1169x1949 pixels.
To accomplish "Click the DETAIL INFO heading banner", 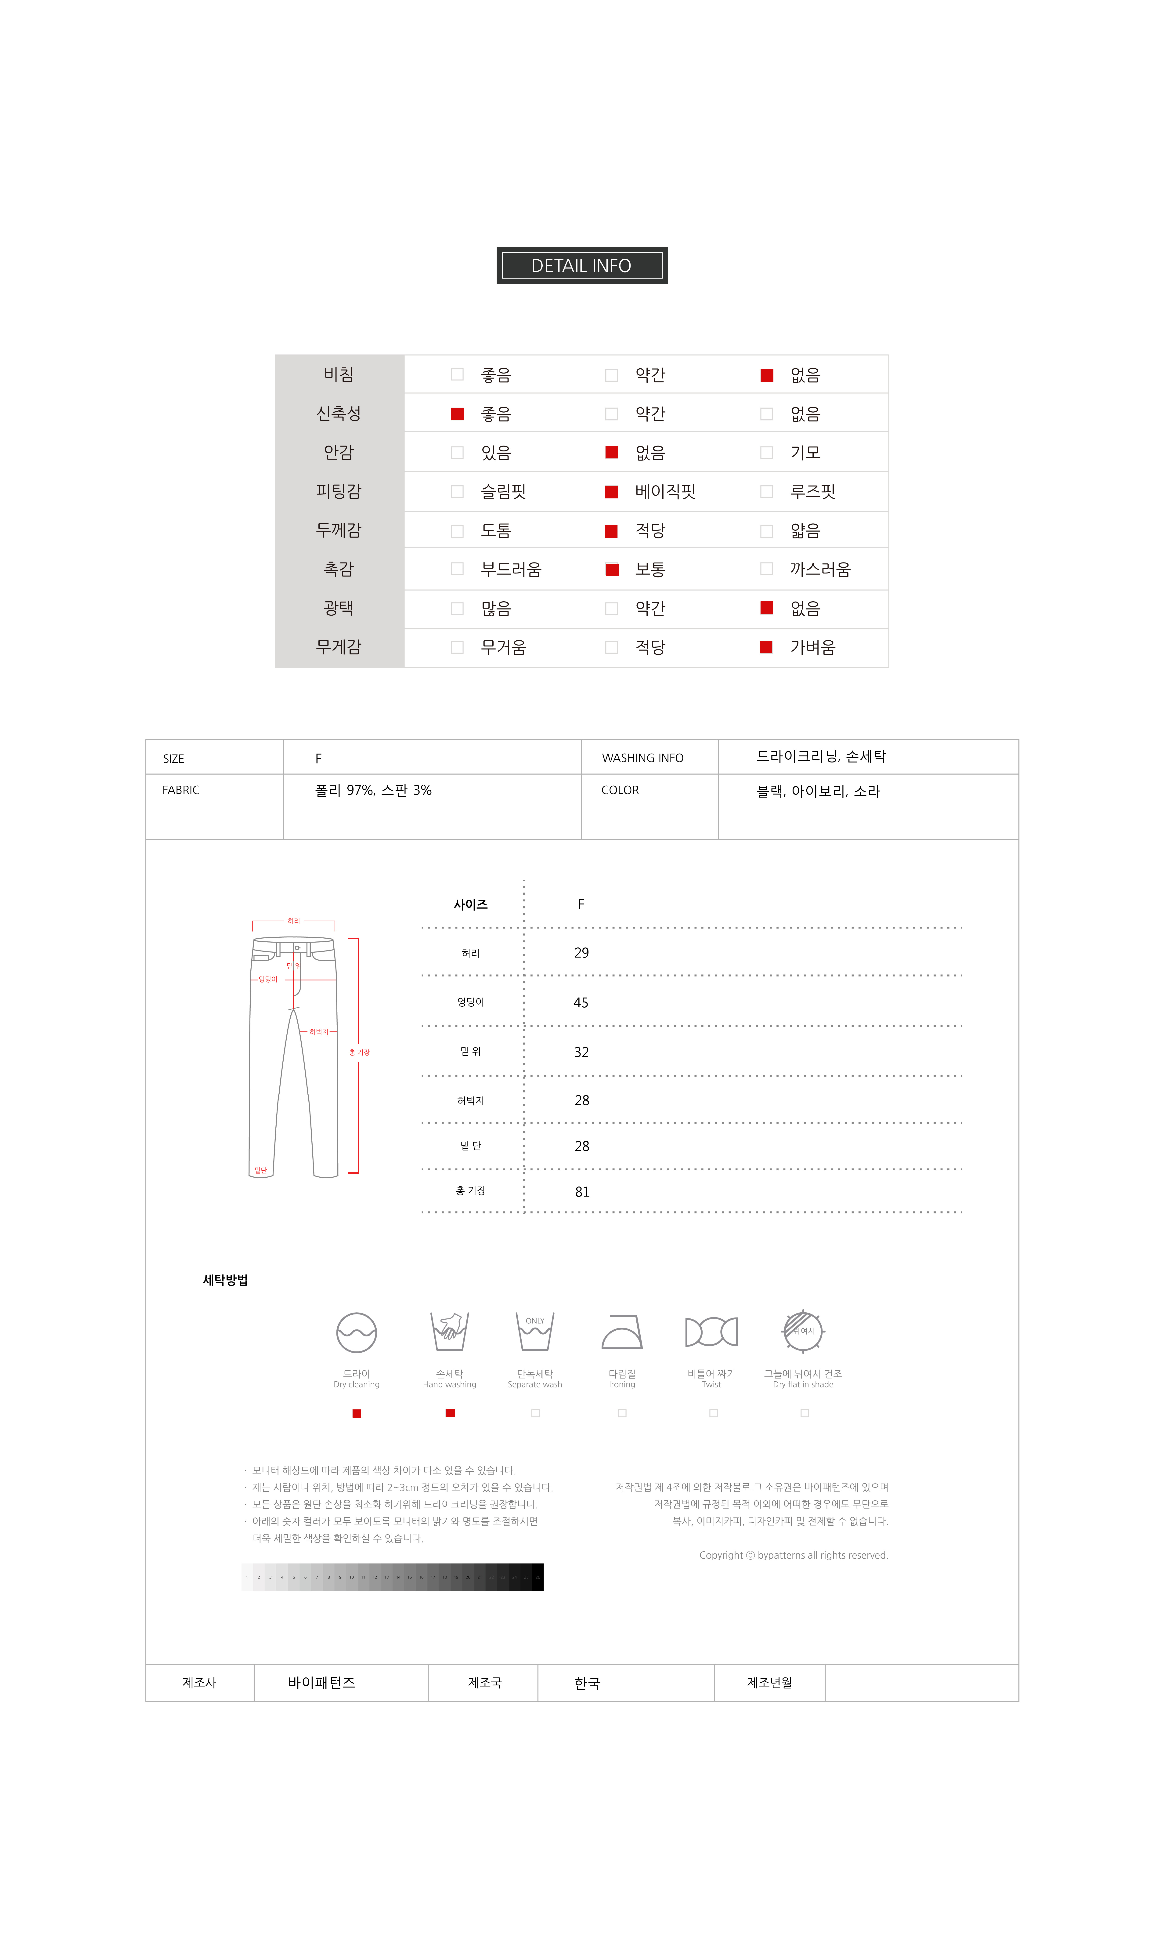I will pyautogui.click(x=581, y=265).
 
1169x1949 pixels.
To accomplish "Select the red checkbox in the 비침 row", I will pyautogui.click(x=766, y=375).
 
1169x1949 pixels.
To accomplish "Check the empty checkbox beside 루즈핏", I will pyautogui.click(x=766, y=492).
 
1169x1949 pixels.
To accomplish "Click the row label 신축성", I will pyautogui.click(x=339, y=414).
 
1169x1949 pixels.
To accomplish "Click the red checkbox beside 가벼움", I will pyautogui.click(x=766, y=647).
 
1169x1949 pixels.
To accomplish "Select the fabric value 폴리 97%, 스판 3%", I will pyautogui.click(x=373, y=790).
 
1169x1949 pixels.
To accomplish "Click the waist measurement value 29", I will pyautogui.click(x=581, y=953).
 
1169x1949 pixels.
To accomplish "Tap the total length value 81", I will pyautogui.click(x=582, y=1192).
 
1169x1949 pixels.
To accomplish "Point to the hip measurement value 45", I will pyautogui.click(x=581, y=1003).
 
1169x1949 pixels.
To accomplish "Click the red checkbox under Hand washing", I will pyautogui.click(x=451, y=1413).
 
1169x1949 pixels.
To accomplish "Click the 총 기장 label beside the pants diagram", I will pyautogui.click(x=359, y=1053).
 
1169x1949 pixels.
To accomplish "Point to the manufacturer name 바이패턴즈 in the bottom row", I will pyautogui.click(x=321, y=1683).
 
